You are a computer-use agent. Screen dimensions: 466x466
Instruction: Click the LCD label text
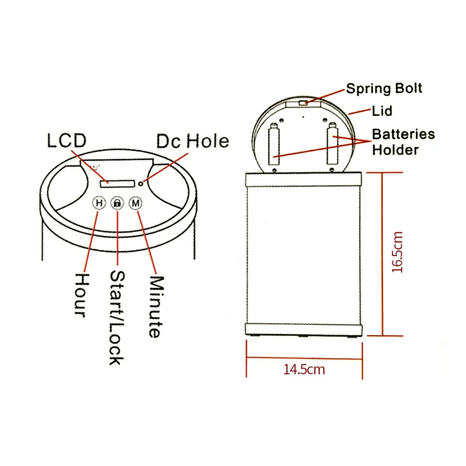pos(67,141)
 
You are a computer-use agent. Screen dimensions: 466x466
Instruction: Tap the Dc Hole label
pos(192,141)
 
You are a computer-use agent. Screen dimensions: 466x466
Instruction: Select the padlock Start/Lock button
pos(117,203)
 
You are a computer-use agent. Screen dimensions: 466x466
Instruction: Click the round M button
pos(136,203)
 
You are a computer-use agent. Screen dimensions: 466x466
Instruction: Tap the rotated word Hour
pos(82,295)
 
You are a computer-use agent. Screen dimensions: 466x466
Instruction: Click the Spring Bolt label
pos(384,88)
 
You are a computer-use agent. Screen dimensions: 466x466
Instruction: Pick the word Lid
pos(382,111)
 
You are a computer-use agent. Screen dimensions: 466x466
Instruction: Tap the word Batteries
pos(403,134)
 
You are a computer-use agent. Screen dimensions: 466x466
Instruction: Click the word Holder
pos(395,150)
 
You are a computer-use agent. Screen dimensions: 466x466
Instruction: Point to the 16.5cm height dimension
pos(397,252)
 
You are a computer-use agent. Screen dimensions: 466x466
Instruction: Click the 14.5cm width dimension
pos(304,370)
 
